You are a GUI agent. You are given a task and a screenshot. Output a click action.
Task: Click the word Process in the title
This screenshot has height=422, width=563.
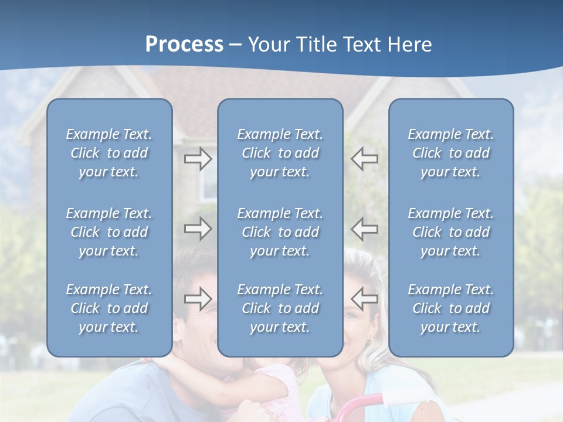[x=184, y=45]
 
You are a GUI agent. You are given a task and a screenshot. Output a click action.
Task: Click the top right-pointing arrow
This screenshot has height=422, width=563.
[x=198, y=159]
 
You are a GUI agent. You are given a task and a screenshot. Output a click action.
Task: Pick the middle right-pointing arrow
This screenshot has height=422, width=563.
[x=198, y=229]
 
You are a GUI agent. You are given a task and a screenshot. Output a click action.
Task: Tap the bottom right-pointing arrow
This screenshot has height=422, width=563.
[x=198, y=298]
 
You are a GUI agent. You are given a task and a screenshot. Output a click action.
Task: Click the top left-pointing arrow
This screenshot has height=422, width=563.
[x=365, y=159]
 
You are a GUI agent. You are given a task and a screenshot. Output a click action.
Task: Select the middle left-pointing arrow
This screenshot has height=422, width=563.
[x=365, y=229]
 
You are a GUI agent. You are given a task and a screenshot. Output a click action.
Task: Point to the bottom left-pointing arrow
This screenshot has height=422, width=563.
[x=365, y=298]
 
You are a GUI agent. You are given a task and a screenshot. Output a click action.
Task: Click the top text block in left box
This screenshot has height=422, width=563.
[x=109, y=153]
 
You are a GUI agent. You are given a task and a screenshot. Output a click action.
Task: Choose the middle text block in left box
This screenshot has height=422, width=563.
[x=109, y=232]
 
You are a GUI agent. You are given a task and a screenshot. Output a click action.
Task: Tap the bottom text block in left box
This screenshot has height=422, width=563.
[x=109, y=308]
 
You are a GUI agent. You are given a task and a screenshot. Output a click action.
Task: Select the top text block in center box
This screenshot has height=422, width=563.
[x=280, y=153]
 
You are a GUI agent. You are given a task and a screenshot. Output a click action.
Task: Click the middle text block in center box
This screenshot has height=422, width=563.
[x=280, y=232]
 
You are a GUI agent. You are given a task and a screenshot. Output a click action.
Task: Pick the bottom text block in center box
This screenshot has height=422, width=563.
[x=280, y=308]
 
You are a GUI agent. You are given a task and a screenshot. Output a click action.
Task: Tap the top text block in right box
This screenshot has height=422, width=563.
[x=450, y=153]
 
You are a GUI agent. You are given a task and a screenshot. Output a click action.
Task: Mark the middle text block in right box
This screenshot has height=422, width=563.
[x=450, y=232]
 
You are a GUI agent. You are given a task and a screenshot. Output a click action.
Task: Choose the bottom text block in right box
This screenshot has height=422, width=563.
[x=450, y=308]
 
